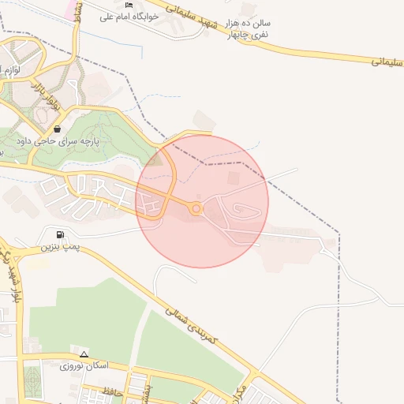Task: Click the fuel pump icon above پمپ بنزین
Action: tap(61, 234)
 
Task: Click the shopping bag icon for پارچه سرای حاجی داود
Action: tap(57, 129)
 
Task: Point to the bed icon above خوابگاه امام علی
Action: tap(129, 6)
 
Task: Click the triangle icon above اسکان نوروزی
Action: tap(84, 353)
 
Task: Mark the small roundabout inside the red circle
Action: tap(196, 209)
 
